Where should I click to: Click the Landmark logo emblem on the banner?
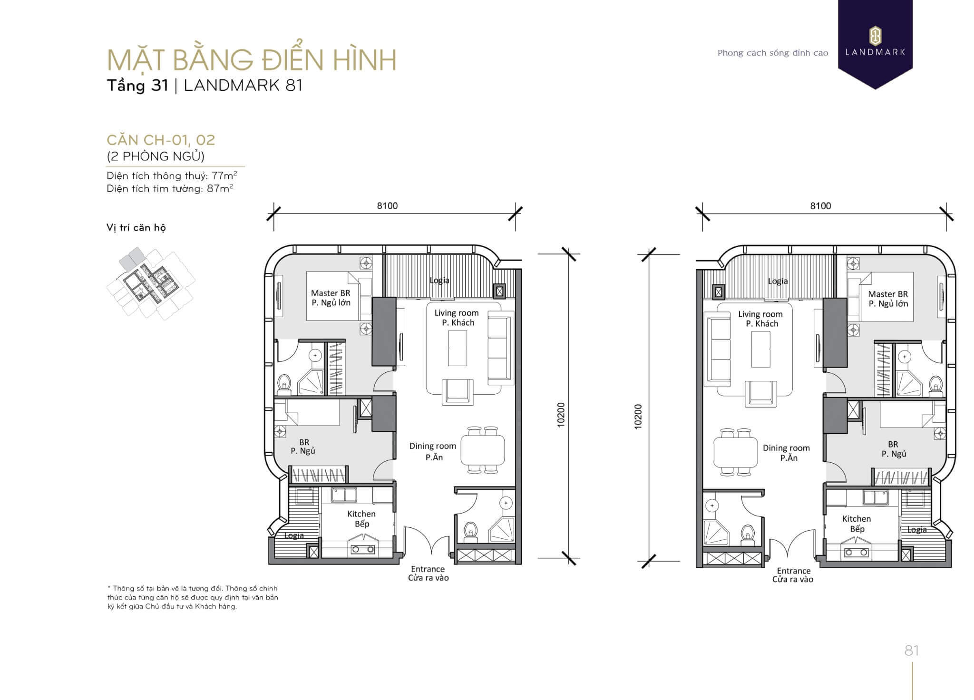click(x=875, y=36)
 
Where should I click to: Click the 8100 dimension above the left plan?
click(x=387, y=206)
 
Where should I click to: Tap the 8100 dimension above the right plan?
click(x=820, y=206)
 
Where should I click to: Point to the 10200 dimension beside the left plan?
click(x=561, y=415)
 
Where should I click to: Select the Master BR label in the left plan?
click(x=331, y=293)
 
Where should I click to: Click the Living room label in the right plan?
click(x=760, y=314)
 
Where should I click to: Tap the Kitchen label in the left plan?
click(x=361, y=514)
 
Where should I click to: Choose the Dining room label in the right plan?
click(x=786, y=448)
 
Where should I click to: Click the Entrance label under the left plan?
click(x=428, y=569)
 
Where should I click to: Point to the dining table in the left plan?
click(x=482, y=450)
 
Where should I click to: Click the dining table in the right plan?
click(x=735, y=452)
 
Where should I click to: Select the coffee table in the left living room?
click(x=458, y=348)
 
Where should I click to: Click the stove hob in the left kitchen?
click(x=363, y=549)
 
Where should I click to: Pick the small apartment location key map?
click(x=151, y=283)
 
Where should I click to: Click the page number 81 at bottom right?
click(x=911, y=651)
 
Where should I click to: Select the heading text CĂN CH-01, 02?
click(x=161, y=140)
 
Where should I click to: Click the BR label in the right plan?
click(x=893, y=444)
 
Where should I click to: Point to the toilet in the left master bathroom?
click(x=284, y=384)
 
